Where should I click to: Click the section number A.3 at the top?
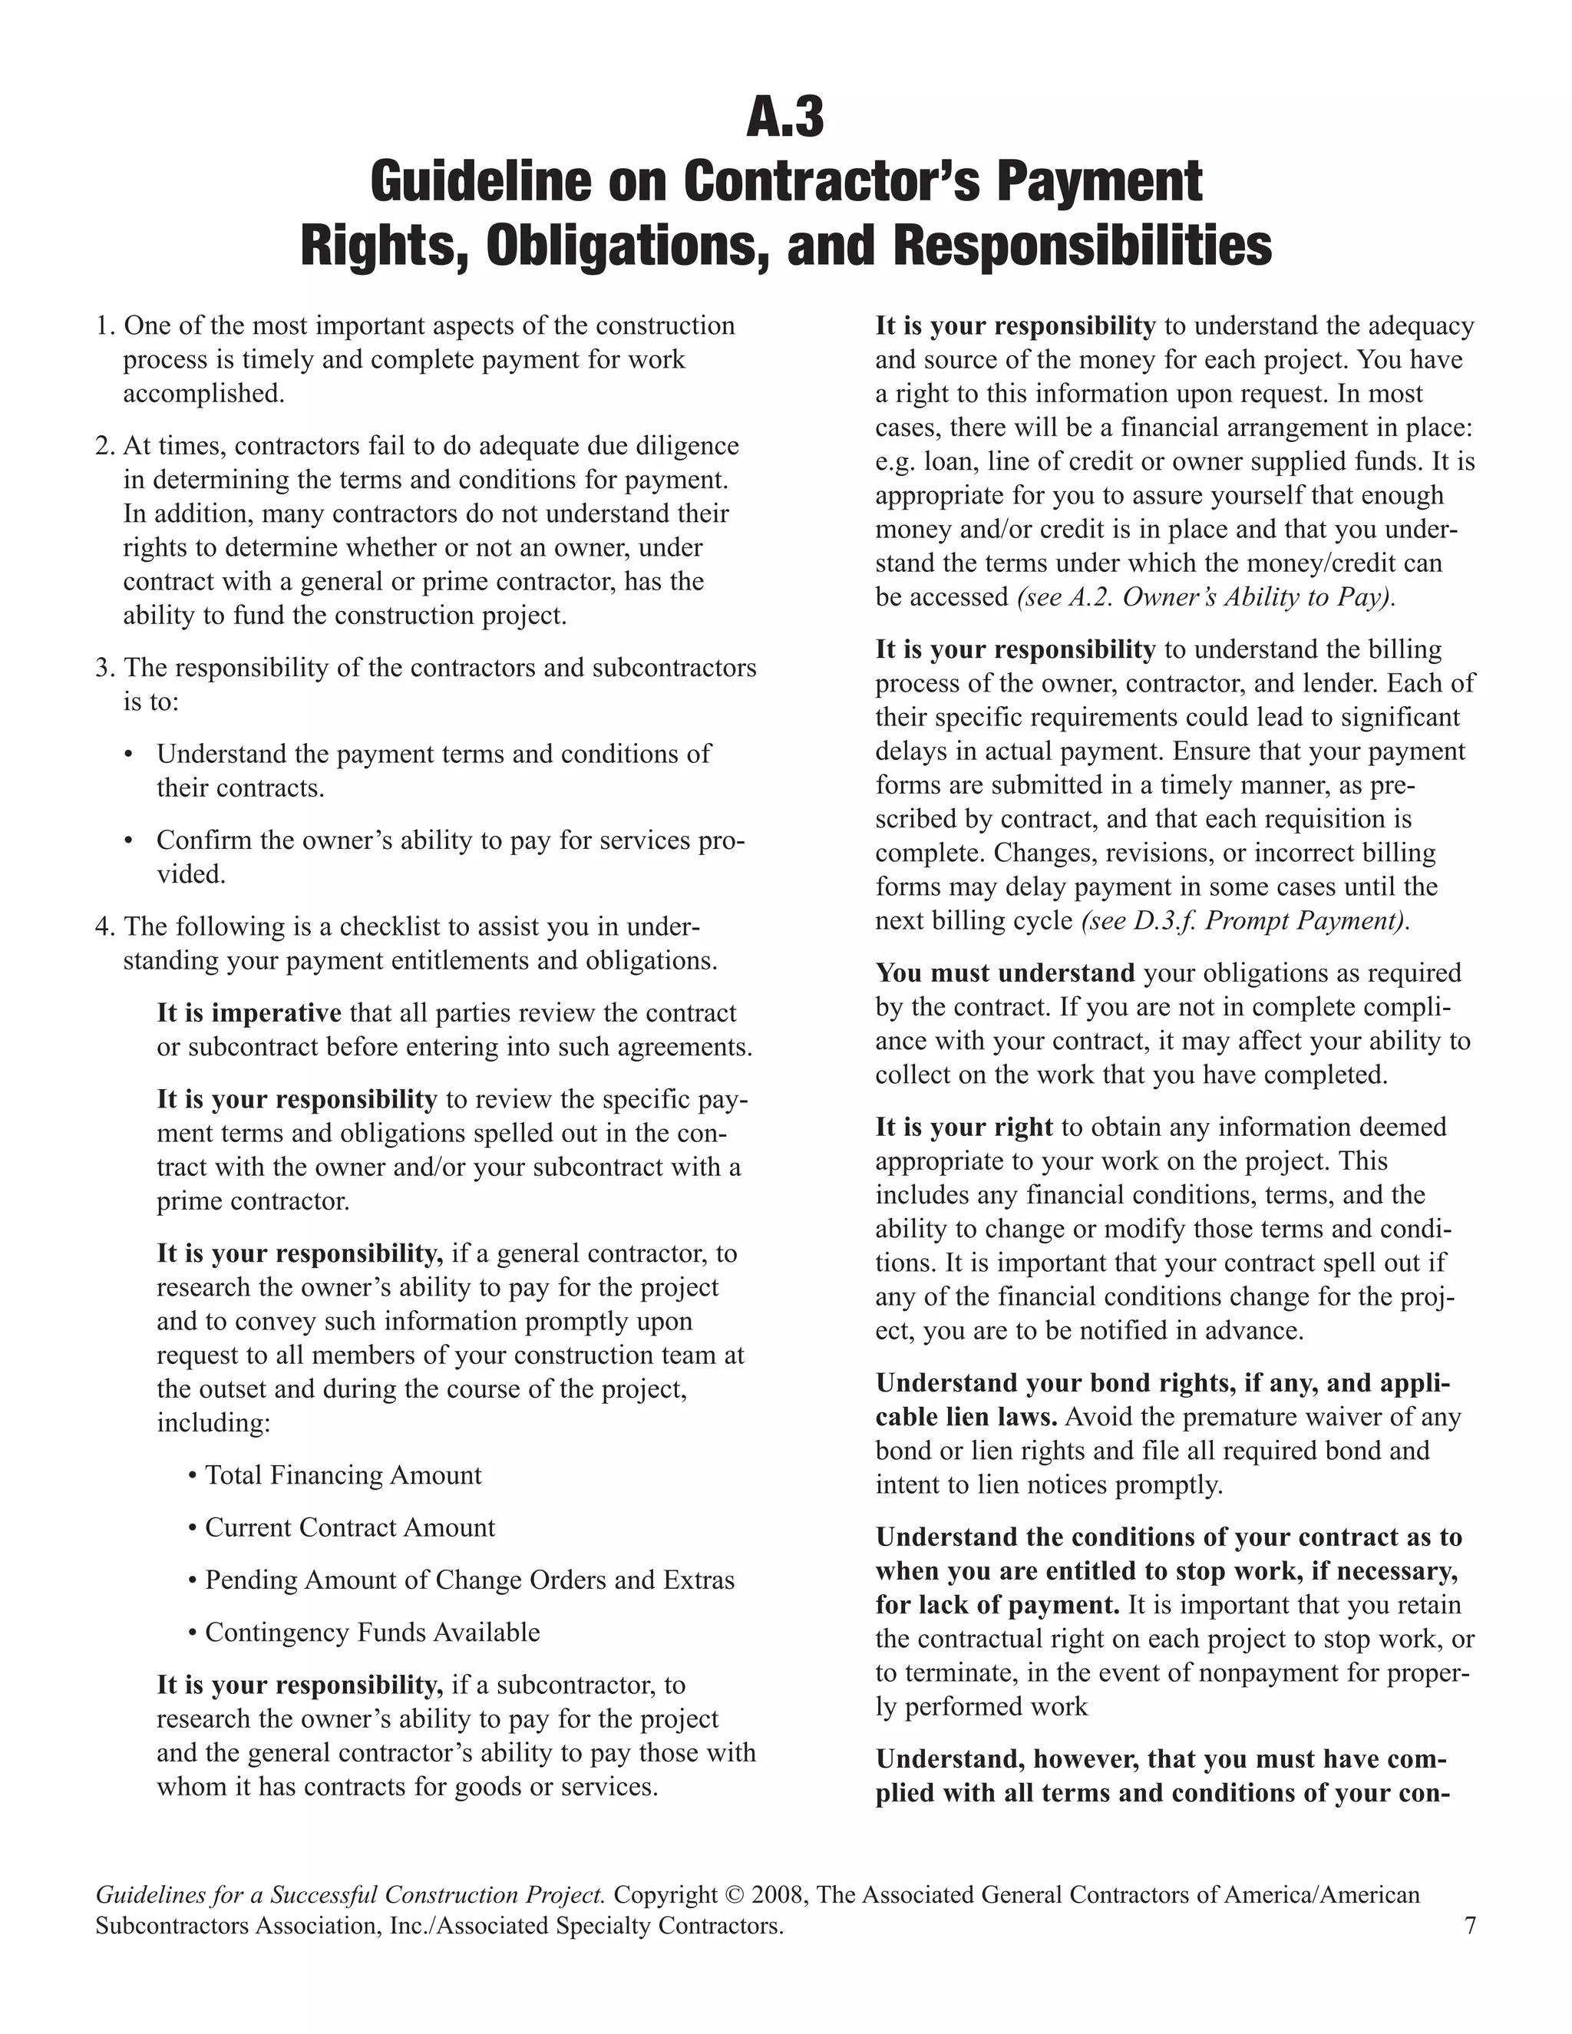(785, 118)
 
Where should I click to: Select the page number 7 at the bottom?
(1470, 1925)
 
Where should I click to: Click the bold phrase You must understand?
(1005, 973)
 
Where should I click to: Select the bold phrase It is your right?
(964, 1128)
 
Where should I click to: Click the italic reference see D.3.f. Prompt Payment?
(1244, 921)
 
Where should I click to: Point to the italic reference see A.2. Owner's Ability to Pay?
(1205, 597)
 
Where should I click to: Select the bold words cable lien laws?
(966, 1418)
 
